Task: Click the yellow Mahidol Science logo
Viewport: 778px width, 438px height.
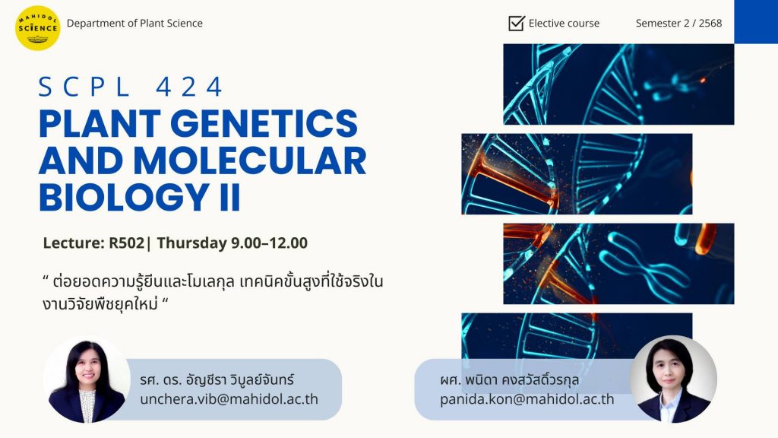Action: (x=38, y=28)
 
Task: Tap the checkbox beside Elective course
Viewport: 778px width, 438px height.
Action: (x=516, y=23)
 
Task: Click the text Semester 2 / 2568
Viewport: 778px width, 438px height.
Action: (x=678, y=24)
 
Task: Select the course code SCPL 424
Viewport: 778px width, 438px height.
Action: (x=131, y=87)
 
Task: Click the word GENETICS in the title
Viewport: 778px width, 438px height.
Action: (x=264, y=124)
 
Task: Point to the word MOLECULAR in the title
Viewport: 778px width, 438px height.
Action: (x=249, y=160)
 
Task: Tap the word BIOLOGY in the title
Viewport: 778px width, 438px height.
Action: (x=124, y=198)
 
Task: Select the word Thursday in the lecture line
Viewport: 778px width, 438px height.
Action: (x=192, y=243)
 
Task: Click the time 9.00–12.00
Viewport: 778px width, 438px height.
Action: (x=270, y=243)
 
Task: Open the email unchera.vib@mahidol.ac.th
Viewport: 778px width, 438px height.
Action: (x=229, y=399)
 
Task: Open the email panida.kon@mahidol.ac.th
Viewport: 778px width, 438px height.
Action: (x=527, y=399)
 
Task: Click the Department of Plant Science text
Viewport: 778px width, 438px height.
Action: (x=134, y=24)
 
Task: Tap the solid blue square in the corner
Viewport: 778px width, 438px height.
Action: (x=756, y=21)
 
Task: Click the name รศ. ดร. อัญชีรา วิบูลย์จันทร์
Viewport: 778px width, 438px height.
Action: (x=217, y=380)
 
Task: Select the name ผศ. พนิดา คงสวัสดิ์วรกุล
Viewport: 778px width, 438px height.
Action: (x=509, y=380)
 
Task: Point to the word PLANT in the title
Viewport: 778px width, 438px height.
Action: (x=100, y=124)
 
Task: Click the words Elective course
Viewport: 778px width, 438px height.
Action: (x=565, y=24)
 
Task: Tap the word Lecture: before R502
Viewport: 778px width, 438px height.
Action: (x=74, y=243)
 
